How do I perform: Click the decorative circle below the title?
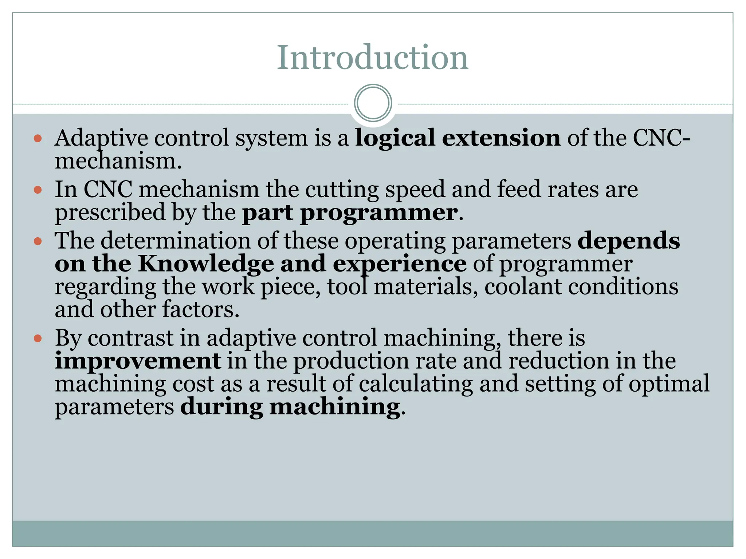coord(373,103)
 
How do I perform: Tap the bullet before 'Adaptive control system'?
coord(38,138)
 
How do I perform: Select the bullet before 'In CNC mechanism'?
coord(38,190)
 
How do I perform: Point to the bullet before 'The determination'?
coord(38,241)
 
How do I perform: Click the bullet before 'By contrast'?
coord(38,338)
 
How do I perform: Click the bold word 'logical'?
coord(395,138)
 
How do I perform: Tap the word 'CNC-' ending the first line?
coord(661,138)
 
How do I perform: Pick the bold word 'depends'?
coord(629,241)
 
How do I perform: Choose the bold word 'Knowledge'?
coord(206,264)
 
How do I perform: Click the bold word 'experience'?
coord(400,264)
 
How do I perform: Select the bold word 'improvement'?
coord(138,361)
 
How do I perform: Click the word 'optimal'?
coord(669,384)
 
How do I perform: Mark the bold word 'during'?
coord(221,407)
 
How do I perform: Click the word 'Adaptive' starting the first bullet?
coord(101,138)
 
